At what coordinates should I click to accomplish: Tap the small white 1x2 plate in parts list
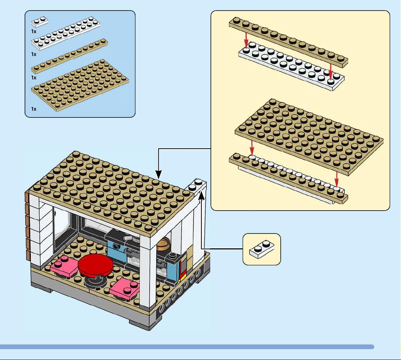tap(39, 22)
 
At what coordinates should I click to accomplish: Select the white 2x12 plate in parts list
tap(66, 33)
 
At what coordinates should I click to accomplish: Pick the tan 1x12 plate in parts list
tap(70, 56)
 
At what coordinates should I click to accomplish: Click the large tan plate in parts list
tap(80, 86)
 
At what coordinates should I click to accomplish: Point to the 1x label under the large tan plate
tap(34, 109)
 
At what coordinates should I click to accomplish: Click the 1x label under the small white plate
tap(34, 32)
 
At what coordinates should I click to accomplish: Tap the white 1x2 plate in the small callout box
tap(262, 249)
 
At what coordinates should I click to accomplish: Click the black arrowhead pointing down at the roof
tap(159, 174)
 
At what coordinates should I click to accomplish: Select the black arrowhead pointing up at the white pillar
tap(202, 195)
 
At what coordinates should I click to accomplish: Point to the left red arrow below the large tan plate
tap(252, 148)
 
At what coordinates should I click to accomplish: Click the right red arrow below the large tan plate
tap(337, 179)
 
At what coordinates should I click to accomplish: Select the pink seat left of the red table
tap(64, 266)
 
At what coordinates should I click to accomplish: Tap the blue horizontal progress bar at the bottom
tap(187, 347)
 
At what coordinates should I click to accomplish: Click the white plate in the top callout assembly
tap(291, 66)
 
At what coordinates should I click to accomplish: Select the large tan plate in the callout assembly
tap(309, 137)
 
